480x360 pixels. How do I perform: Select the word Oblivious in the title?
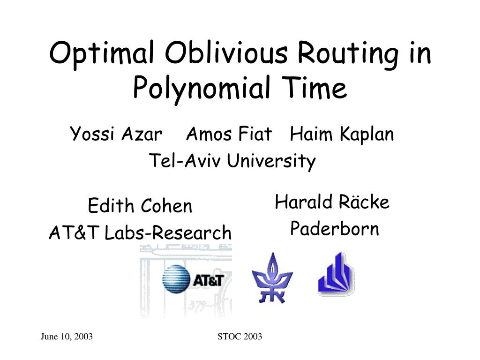(226, 52)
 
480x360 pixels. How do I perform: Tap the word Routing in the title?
(348, 55)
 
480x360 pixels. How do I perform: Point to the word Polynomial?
(202, 89)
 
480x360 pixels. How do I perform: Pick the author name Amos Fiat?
(229, 134)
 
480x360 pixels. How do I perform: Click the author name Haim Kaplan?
(342, 135)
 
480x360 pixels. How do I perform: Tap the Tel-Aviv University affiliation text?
(232, 161)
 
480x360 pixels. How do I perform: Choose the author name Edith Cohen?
(140, 205)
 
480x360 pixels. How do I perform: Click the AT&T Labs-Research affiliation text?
(140, 232)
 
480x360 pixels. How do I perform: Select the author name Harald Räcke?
(332, 202)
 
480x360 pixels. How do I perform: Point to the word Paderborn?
(335, 228)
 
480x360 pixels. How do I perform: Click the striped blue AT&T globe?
(176, 279)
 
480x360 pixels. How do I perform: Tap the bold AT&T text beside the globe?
(209, 280)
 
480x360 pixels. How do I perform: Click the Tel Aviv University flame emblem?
(272, 278)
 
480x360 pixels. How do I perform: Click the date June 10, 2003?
(67, 337)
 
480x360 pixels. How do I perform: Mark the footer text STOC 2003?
(240, 337)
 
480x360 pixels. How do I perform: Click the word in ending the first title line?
(420, 52)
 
